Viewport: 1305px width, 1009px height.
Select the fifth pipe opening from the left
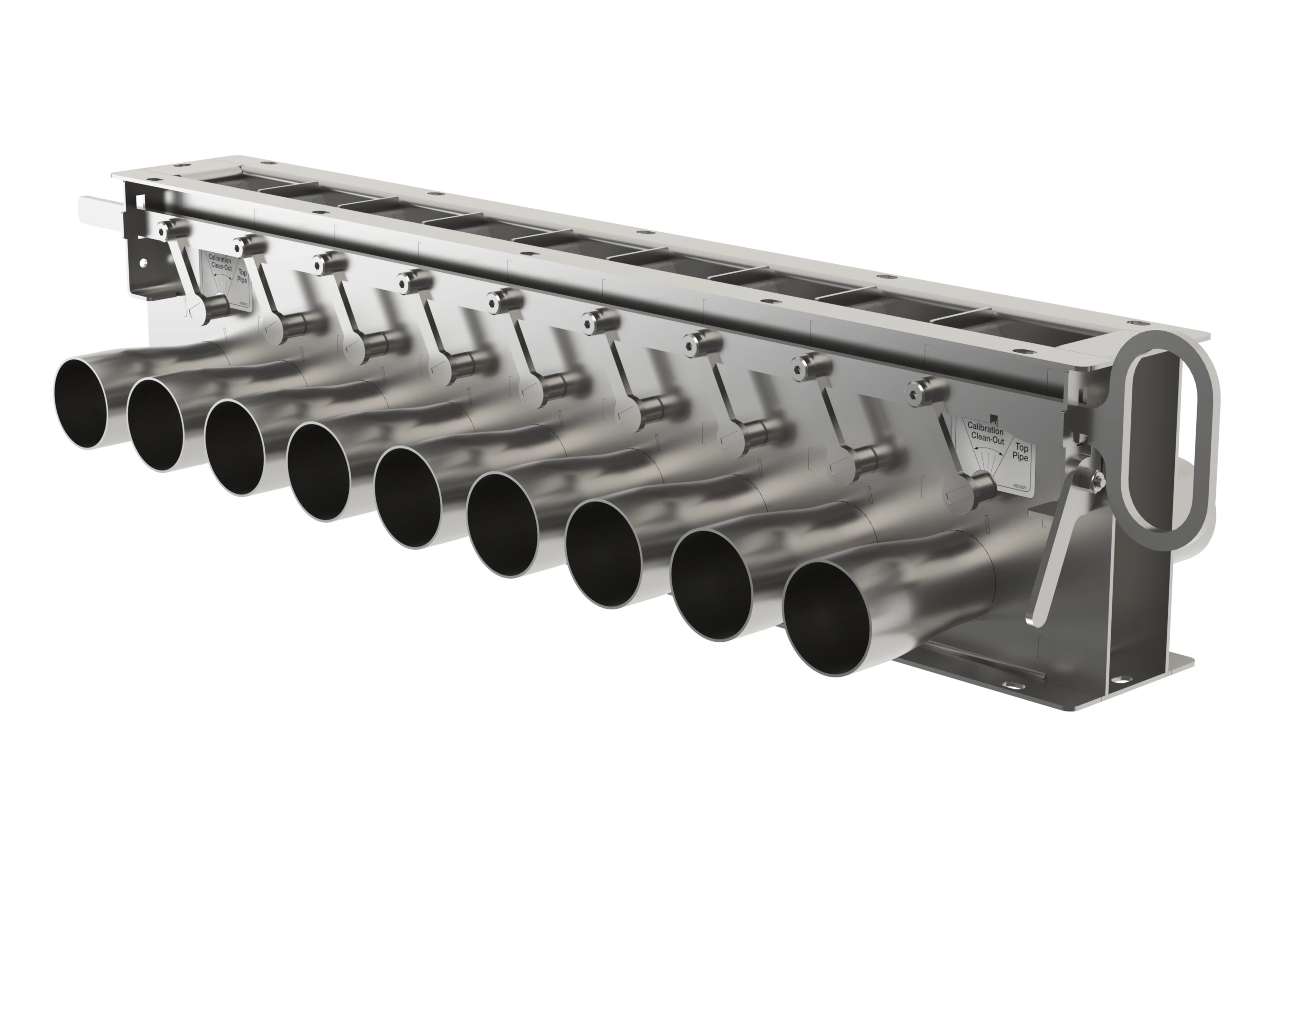pyautogui.click(x=412, y=497)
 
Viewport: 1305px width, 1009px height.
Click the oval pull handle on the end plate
pyautogui.click(x=1171, y=436)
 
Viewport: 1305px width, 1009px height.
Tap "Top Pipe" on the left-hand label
pyautogui.click(x=242, y=277)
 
